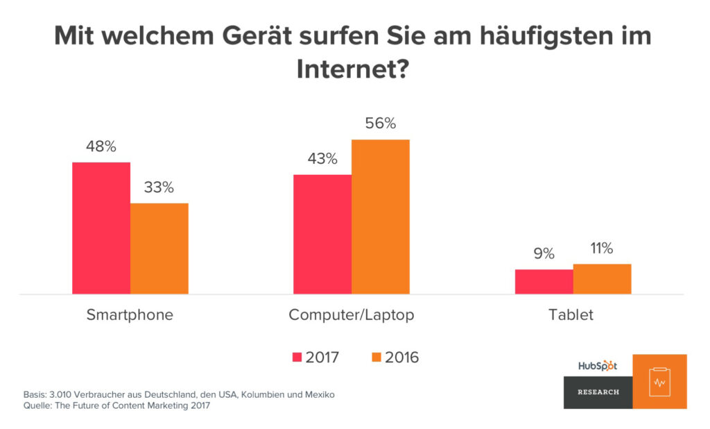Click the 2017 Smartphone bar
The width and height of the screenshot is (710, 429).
coord(101,228)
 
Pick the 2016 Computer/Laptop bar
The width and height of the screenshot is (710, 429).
coord(381,217)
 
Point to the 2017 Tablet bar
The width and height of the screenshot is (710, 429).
coord(544,282)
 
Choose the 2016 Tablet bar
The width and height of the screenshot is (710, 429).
coord(602,279)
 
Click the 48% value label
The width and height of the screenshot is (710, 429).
coord(101,146)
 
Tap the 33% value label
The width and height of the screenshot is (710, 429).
coord(159,187)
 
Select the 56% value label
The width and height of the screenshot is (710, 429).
coord(381,124)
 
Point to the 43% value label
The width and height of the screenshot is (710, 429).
coord(322,159)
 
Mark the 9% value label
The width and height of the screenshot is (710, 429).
coord(544,254)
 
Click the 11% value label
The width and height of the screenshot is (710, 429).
coord(602,249)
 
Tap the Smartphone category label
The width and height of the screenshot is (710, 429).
coord(130,314)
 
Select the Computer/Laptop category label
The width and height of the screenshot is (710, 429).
coord(352,314)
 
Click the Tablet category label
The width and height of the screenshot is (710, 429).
coord(571,314)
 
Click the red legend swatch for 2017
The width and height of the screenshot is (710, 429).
coord(298,357)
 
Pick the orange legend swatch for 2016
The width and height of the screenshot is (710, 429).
coord(377,357)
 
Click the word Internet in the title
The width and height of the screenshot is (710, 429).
coord(345,70)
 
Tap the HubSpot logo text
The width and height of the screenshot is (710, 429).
coord(597,366)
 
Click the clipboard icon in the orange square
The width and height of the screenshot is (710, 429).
coord(659,382)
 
